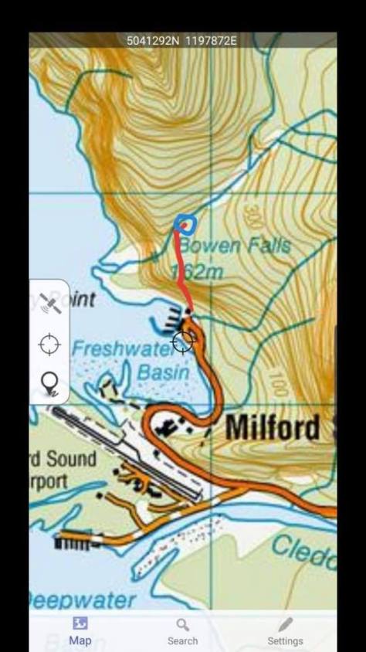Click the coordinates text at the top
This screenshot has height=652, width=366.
(x=182, y=40)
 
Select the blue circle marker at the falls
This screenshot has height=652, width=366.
(x=185, y=224)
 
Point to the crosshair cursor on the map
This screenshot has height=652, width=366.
(x=183, y=341)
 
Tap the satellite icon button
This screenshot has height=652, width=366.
(x=50, y=303)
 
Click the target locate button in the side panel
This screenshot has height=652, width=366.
(x=49, y=344)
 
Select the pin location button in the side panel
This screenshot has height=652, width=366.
(x=49, y=382)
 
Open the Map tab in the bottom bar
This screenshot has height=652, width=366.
(x=80, y=631)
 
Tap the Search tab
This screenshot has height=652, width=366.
(x=182, y=631)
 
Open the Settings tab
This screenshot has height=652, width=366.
(x=285, y=631)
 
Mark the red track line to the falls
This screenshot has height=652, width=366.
(x=182, y=270)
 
